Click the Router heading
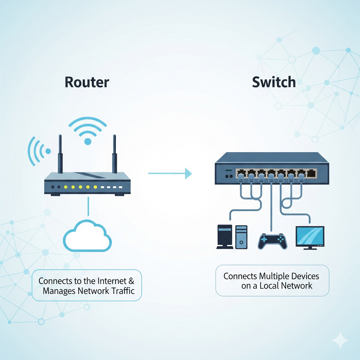pos(87,82)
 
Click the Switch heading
pos(274,82)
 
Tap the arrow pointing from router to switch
pos(170,173)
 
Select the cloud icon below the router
pos(87,237)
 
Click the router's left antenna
pos(60,154)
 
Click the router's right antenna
pos(115,154)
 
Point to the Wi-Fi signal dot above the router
pos(88,141)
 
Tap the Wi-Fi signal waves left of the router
pos(37,151)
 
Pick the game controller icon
pos(272,241)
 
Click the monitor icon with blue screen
pos(310,236)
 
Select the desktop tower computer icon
pos(241,237)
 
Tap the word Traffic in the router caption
pos(123,291)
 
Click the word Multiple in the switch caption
pos(274,276)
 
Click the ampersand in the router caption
pos(131,281)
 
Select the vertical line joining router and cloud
pos(88,206)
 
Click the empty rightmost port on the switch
pos(312,173)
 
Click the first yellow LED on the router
pos(65,187)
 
